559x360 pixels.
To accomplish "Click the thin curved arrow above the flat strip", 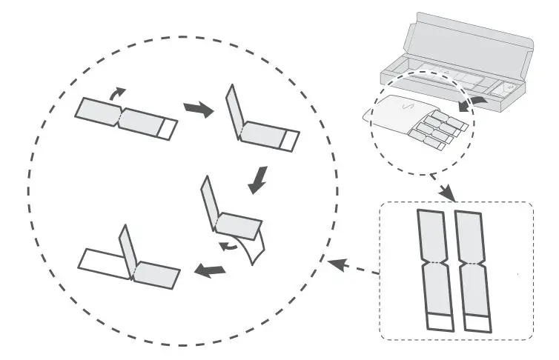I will (x=117, y=93).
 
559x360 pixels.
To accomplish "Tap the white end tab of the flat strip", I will (x=168, y=128).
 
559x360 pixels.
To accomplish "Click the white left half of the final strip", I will (x=104, y=261).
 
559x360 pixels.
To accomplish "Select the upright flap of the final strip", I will (x=127, y=252).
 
